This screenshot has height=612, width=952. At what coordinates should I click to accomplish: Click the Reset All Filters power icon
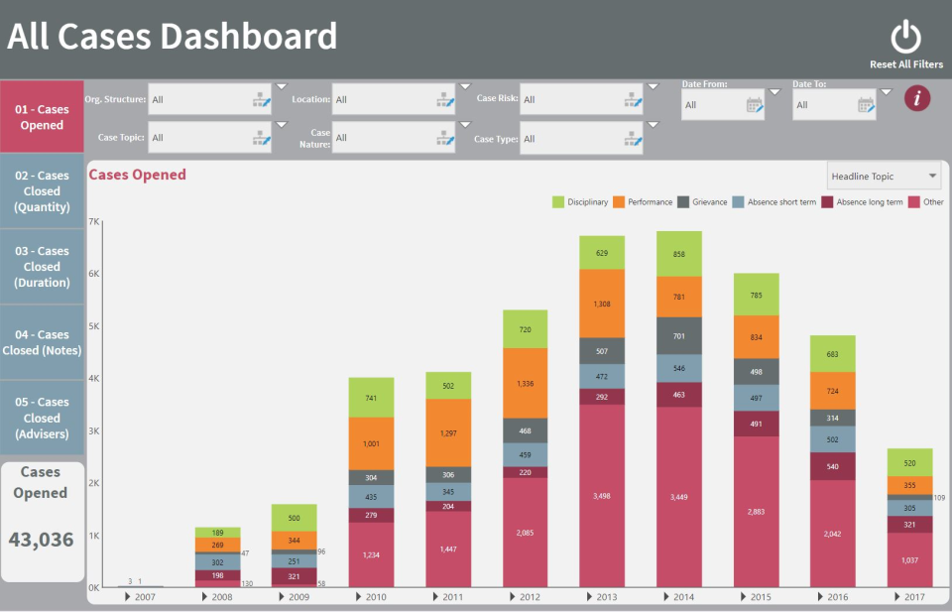tap(905, 38)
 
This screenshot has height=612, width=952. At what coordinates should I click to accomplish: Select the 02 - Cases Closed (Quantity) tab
tap(42, 191)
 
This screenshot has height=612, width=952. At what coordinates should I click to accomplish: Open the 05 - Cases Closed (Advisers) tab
tap(42, 418)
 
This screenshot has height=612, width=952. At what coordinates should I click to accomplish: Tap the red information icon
tap(917, 98)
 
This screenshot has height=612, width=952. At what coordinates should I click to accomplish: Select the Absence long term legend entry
tap(862, 202)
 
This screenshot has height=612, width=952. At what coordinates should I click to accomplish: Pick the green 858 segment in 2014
tap(679, 254)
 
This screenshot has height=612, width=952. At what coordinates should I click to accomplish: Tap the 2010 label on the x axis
tap(375, 598)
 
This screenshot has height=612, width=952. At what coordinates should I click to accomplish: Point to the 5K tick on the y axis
tap(95, 326)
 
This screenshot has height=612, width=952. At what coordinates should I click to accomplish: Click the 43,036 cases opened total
tap(42, 540)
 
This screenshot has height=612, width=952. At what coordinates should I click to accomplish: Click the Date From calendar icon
tap(755, 104)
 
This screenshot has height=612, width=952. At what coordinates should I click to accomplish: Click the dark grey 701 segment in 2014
tap(679, 336)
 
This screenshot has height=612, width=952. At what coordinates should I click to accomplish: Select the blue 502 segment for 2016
tap(832, 439)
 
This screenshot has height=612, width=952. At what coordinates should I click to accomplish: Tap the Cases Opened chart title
tap(138, 176)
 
